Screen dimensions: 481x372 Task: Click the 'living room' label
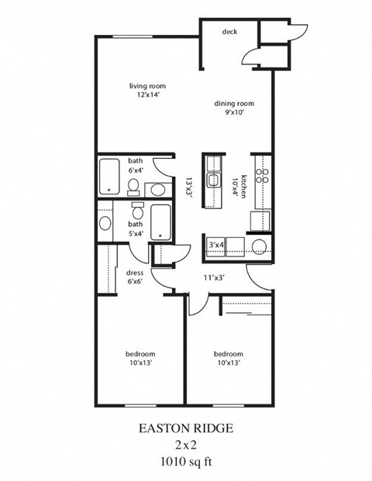coord(147,86)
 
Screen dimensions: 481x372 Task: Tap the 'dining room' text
coord(235,103)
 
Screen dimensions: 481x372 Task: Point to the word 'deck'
coord(229,32)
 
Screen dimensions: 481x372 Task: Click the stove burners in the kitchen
coord(262,175)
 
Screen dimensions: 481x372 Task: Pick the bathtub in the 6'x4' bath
coord(109,176)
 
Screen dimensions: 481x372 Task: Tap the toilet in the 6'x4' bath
coord(133,187)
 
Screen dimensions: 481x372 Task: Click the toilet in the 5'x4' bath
coord(138,211)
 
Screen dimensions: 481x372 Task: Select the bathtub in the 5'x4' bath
coord(161,222)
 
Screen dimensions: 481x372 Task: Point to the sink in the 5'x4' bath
coord(105,224)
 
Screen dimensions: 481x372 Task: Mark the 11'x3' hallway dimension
coord(214,276)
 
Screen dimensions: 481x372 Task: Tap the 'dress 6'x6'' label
coord(136,277)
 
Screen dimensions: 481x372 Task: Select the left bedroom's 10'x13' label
coord(140,358)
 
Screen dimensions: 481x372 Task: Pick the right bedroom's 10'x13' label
coord(229,358)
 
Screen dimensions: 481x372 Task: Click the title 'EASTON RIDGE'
coord(184,428)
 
